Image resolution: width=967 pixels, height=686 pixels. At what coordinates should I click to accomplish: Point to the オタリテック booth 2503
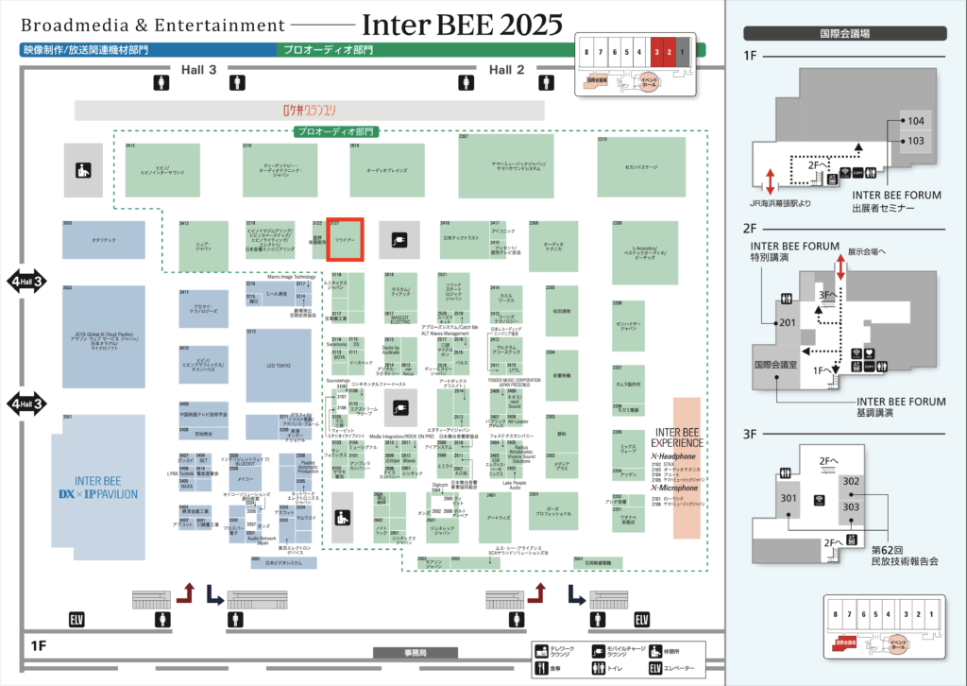pyautogui.click(x=104, y=241)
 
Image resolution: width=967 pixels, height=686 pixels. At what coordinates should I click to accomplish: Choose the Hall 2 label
pyautogui.click(x=506, y=70)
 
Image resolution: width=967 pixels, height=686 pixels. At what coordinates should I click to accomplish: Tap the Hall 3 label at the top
pyautogui.click(x=199, y=70)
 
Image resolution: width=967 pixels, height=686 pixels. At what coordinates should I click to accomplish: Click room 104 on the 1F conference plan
pyautogui.click(x=916, y=121)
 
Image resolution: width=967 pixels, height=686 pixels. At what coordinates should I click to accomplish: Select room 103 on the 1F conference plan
pyautogui.click(x=916, y=141)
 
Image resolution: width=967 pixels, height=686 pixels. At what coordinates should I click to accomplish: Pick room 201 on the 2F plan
pyautogui.click(x=788, y=322)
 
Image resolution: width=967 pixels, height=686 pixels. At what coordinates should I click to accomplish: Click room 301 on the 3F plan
pyautogui.click(x=789, y=498)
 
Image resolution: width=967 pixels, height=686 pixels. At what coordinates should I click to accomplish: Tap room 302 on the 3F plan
pyautogui.click(x=851, y=482)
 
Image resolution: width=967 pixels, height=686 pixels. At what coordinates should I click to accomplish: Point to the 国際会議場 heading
pyautogui.click(x=845, y=33)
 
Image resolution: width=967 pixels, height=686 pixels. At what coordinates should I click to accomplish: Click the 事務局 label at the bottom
pyautogui.click(x=416, y=653)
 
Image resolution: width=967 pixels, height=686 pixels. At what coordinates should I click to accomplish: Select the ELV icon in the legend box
pyautogui.click(x=655, y=669)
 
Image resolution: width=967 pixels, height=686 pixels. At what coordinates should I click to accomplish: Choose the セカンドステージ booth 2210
pyautogui.click(x=640, y=169)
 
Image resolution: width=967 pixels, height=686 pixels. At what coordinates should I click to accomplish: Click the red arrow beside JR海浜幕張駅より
pyautogui.click(x=771, y=180)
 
